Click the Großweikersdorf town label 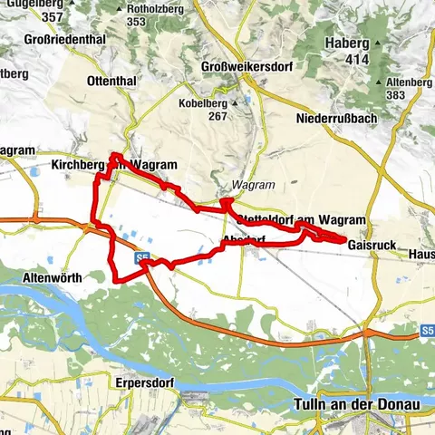point(245,66)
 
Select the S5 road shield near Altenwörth point(143,258)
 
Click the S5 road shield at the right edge point(427,332)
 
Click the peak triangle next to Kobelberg point(234,102)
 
